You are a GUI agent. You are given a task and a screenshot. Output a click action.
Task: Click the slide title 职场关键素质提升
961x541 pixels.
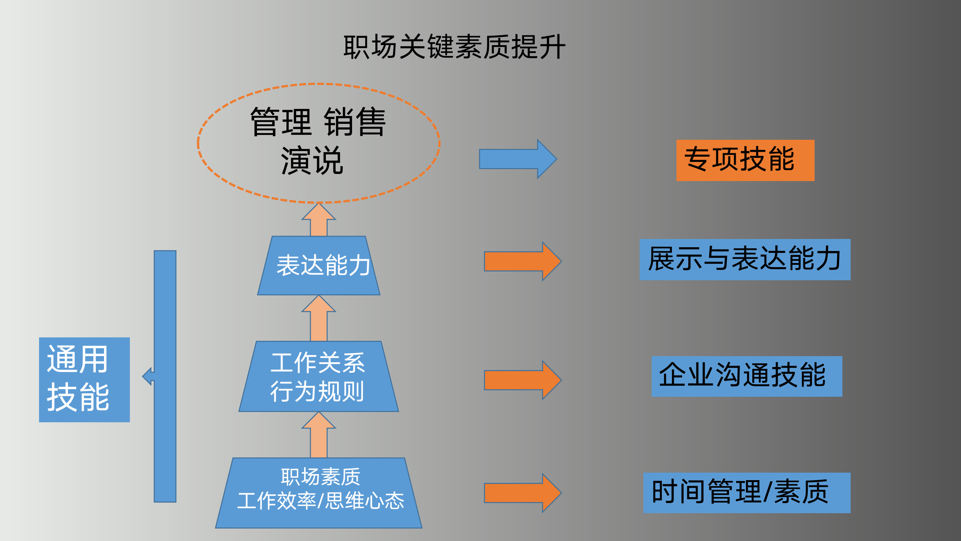pyautogui.click(x=454, y=47)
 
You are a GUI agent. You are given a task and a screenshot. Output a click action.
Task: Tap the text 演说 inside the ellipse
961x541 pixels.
pyautogui.click(x=312, y=161)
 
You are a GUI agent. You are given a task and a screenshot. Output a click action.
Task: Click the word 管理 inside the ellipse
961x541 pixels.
pyautogui.click(x=281, y=122)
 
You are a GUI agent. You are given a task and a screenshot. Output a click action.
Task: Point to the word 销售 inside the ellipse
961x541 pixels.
pyautogui.click(x=355, y=122)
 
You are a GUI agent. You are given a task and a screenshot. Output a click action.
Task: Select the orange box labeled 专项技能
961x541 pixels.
pyautogui.click(x=745, y=160)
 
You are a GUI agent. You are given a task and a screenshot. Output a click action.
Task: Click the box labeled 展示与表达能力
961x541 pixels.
pyautogui.click(x=745, y=259)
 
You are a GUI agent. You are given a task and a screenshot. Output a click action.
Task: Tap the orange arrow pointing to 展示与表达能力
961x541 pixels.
pyautogui.click(x=522, y=261)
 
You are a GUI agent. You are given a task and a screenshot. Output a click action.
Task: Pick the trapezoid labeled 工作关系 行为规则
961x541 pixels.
pyautogui.click(x=319, y=376)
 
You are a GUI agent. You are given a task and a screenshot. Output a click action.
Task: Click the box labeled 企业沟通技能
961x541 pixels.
pyautogui.click(x=747, y=376)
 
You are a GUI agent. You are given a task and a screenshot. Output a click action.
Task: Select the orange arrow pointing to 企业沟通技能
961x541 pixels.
pyautogui.click(x=522, y=380)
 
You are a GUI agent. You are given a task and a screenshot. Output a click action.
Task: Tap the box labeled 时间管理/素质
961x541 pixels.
pyautogui.click(x=747, y=493)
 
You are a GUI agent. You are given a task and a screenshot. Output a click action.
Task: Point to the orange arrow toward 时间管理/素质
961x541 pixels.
pyautogui.click(x=522, y=493)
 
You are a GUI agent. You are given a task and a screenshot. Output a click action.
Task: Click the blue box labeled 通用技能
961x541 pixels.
pyautogui.click(x=84, y=379)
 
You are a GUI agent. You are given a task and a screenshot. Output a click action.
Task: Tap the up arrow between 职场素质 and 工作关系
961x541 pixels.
pyautogui.click(x=319, y=436)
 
